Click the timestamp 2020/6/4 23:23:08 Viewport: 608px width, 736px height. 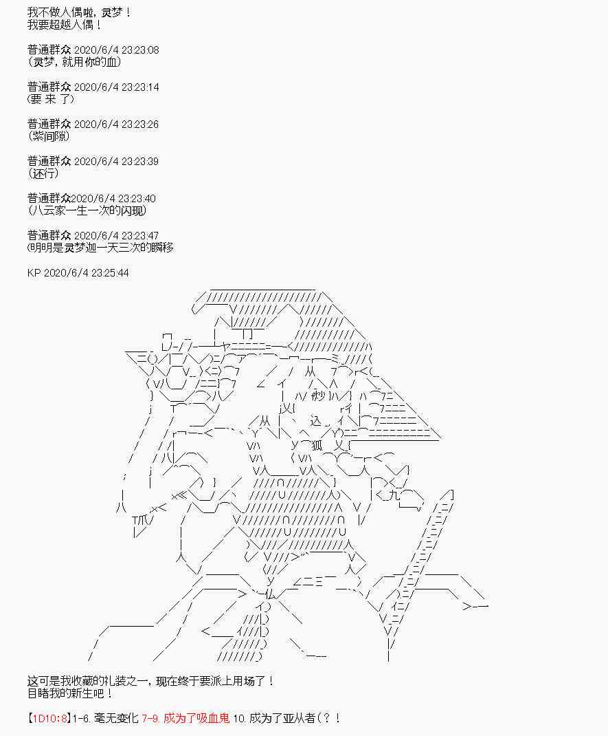click(x=116, y=50)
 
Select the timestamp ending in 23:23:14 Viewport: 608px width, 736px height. click(x=116, y=87)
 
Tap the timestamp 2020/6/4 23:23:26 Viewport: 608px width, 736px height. click(x=116, y=124)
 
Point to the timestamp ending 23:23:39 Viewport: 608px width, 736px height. click(x=116, y=161)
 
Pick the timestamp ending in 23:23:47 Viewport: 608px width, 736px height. click(x=116, y=235)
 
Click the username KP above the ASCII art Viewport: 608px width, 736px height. click(x=34, y=273)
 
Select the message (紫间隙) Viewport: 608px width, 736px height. click(x=49, y=136)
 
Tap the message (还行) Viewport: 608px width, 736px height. click(x=45, y=173)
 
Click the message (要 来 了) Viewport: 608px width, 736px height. click(x=51, y=99)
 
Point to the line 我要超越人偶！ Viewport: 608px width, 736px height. click(x=66, y=25)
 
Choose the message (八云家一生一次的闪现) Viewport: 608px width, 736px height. click(x=88, y=210)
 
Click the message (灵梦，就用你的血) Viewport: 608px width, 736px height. click(x=76, y=62)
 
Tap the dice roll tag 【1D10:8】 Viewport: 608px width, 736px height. click(x=49, y=719)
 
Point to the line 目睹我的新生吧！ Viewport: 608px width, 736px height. click(x=71, y=693)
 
